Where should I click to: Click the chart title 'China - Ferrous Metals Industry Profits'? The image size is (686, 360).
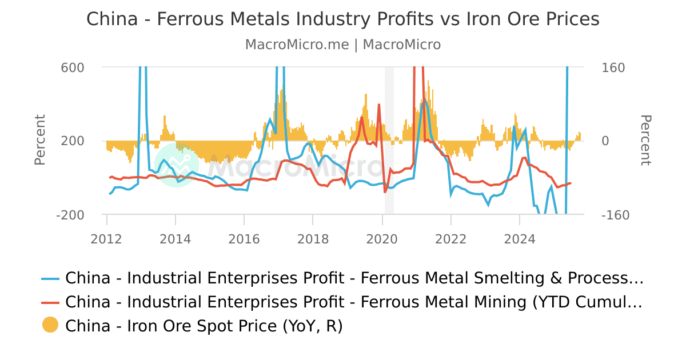pos(342,19)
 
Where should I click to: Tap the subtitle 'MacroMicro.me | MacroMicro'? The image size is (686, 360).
pos(342,45)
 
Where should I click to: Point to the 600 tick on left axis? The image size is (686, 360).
pos(73,67)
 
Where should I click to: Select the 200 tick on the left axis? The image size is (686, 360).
pos(73,141)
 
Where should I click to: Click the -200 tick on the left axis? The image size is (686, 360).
pos(71,215)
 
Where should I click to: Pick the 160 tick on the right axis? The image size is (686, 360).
pos(614,67)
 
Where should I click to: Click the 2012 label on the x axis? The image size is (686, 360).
pos(106,238)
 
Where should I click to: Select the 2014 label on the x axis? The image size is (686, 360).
pos(176,238)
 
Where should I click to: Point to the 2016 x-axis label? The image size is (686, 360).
pos(244,238)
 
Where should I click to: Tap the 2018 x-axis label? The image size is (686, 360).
pos(313,238)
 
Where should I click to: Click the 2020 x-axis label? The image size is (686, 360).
pos(382,238)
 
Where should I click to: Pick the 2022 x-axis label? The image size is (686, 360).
pos(450,238)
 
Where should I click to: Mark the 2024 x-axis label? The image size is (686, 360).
pos(520,238)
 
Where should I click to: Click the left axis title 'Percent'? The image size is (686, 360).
pos(40,140)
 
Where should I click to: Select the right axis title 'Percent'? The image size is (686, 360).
pos(645,140)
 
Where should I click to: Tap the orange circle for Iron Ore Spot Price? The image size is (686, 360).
pos(50,325)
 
